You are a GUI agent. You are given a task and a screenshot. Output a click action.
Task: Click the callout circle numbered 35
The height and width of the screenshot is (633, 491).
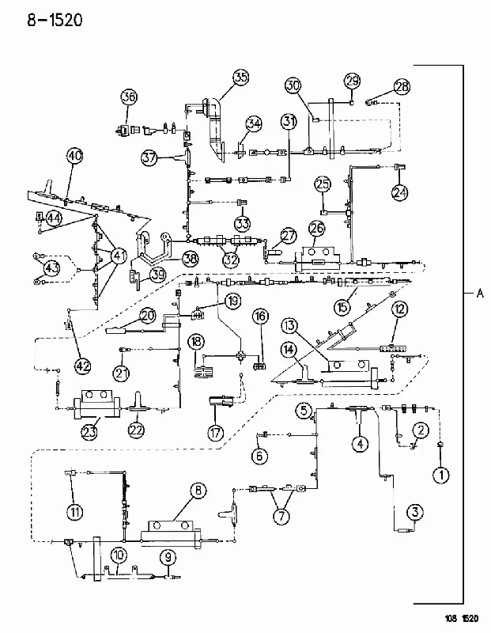pyautogui.click(x=241, y=77)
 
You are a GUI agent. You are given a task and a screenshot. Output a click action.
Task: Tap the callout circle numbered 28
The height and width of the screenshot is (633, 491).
pyautogui.click(x=402, y=87)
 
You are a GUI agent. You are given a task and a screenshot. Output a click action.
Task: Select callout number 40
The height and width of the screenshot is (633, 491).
pyautogui.click(x=75, y=155)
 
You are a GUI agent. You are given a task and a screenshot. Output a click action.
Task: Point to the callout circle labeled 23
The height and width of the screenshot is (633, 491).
pyautogui.click(x=89, y=431)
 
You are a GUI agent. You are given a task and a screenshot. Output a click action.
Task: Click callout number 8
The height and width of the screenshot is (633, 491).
pyautogui.click(x=198, y=491)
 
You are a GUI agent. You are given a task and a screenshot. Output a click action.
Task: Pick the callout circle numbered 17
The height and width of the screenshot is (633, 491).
pyautogui.click(x=215, y=433)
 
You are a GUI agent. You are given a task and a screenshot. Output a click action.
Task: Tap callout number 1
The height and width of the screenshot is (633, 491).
pyautogui.click(x=441, y=476)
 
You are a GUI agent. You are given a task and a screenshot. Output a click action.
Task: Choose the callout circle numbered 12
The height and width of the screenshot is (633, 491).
pyautogui.click(x=399, y=309)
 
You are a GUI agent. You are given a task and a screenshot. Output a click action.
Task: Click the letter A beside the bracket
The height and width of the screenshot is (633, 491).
pyautogui.click(x=480, y=293)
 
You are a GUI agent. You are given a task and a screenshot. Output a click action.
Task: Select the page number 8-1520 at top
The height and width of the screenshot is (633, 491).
pyautogui.click(x=55, y=19)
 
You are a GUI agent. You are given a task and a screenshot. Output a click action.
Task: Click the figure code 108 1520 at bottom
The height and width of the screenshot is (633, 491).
pyautogui.click(x=462, y=619)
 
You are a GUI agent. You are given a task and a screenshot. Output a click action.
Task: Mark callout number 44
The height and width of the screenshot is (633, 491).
pyautogui.click(x=54, y=218)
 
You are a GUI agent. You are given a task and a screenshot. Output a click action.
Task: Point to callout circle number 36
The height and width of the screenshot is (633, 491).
pyautogui.click(x=129, y=97)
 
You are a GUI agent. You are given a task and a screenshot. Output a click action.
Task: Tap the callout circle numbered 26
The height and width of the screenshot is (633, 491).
pyautogui.click(x=317, y=229)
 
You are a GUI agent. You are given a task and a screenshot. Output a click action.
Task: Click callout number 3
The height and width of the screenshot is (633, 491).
pyautogui.click(x=415, y=513)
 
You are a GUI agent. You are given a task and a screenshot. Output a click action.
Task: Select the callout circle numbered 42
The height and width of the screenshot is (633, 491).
pyautogui.click(x=84, y=366)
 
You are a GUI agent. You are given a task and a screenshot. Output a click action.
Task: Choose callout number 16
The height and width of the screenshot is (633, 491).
pyautogui.click(x=261, y=316)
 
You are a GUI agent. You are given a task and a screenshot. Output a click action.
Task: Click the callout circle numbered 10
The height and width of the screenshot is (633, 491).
pyautogui.click(x=119, y=555)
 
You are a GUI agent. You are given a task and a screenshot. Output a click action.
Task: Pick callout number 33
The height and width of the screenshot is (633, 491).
pyautogui.click(x=243, y=223)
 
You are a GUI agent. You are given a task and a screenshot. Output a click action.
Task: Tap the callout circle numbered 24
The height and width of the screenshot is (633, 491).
pyautogui.click(x=400, y=192)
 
